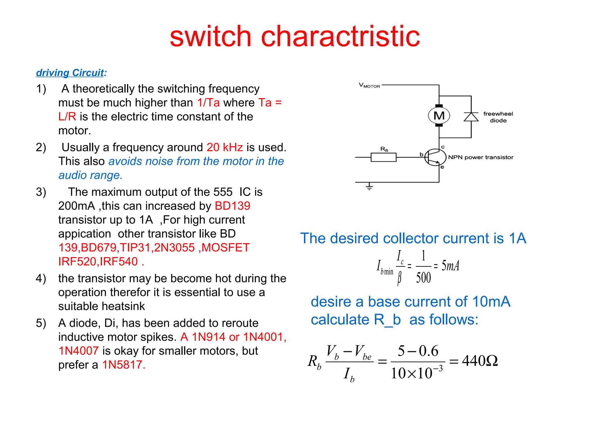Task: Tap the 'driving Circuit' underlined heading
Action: [70, 73]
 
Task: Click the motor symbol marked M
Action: [439, 116]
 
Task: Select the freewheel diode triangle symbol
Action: [471, 117]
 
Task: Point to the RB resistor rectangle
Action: [383, 157]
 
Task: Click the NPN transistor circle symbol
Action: [435, 157]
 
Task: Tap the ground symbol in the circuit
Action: [369, 186]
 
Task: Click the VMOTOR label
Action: [369, 85]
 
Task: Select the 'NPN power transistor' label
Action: [481, 157]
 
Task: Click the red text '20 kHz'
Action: [225, 147]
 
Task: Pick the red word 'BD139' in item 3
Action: [232, 206]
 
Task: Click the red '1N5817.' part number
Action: [124, 365]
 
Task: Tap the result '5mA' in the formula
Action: [450, 266]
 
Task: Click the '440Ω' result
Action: [480, 361]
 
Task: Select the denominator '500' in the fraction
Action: [423, 277]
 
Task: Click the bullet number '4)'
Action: [41, 279]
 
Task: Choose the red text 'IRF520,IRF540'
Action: [98, 261]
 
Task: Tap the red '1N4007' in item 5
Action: [79, 351]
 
